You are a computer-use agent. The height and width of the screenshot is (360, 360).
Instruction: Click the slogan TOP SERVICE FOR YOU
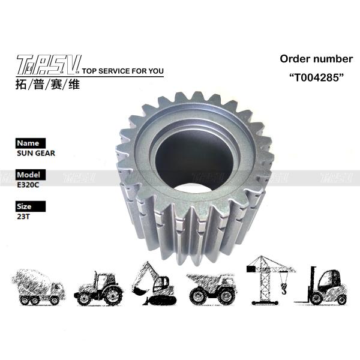[x=122, y=71]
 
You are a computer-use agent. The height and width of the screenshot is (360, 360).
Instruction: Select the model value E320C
[x=27, y=185]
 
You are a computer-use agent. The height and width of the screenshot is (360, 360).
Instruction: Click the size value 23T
[x=23, y=218]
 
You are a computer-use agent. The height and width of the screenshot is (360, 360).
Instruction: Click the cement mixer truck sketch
[x=38, y=287]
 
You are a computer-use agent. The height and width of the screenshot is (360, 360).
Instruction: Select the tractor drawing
[x=98, y=289]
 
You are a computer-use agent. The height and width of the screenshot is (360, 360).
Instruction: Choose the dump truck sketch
[x=210, y=286]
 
